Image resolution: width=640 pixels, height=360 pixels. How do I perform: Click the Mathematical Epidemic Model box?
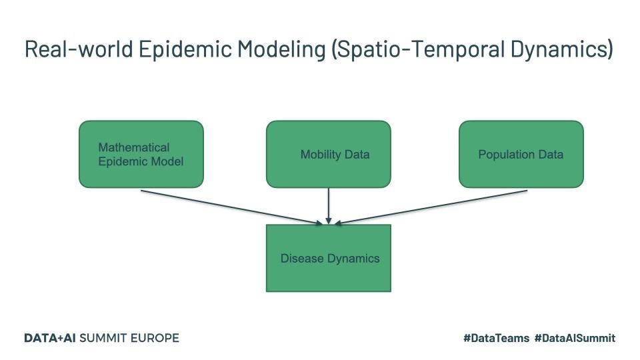click(141, 154)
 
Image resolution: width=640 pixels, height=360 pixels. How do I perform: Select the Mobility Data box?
click(328, 154)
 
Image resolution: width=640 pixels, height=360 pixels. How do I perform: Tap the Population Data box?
click(521, 154)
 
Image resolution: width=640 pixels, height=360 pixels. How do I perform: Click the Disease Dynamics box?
click(328, 258)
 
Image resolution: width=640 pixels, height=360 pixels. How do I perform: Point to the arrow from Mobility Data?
click(329, 205)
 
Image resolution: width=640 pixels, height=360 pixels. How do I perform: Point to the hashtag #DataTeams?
click(496, 339)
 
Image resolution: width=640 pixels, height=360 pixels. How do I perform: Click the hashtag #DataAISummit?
click(575, 339)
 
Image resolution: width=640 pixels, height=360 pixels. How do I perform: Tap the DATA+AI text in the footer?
click(50, 338)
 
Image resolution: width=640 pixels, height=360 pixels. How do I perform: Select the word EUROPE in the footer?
click(154, 338)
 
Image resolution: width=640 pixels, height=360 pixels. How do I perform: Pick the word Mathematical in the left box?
click(134, 147)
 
